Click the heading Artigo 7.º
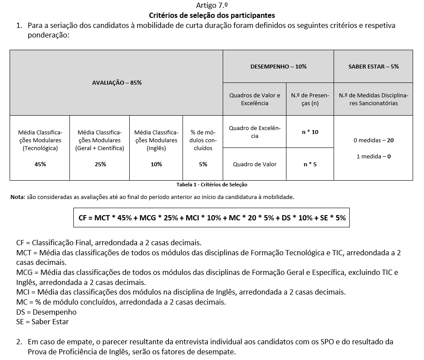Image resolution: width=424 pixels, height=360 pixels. click(212, 6)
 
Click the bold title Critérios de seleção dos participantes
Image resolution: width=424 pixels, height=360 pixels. click(212, 16)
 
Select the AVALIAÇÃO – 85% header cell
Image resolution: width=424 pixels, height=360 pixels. click(116, 82)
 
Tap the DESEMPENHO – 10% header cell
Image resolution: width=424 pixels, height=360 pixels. click(278, 67)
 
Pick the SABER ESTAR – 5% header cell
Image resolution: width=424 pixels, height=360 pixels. click(373, 67)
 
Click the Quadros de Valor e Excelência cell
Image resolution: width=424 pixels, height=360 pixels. click(255, 99)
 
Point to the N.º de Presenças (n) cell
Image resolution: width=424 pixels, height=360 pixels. click(310, 99)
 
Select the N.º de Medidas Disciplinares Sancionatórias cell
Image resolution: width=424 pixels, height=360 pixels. click(373, 99)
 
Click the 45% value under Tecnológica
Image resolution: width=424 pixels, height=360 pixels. click(40, 165)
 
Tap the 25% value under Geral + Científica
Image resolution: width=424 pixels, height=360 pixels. click(100, 165)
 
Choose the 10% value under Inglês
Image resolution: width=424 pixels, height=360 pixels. click(156, 165)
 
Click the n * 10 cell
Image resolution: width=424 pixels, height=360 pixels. click(310, 132)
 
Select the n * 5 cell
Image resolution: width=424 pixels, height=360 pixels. click(310, 165)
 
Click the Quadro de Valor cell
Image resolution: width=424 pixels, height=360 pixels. click(255, 165)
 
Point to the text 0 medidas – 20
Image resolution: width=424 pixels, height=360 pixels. click(373, 141)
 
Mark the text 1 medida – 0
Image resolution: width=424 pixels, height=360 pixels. click(373, 156)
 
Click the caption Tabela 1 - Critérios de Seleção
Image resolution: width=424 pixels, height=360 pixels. click(212, 185)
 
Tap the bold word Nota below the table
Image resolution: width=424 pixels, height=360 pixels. click(17, 197)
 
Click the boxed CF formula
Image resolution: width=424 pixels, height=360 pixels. click(212, 218)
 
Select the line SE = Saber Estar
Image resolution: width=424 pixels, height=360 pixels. click(42, 322)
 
